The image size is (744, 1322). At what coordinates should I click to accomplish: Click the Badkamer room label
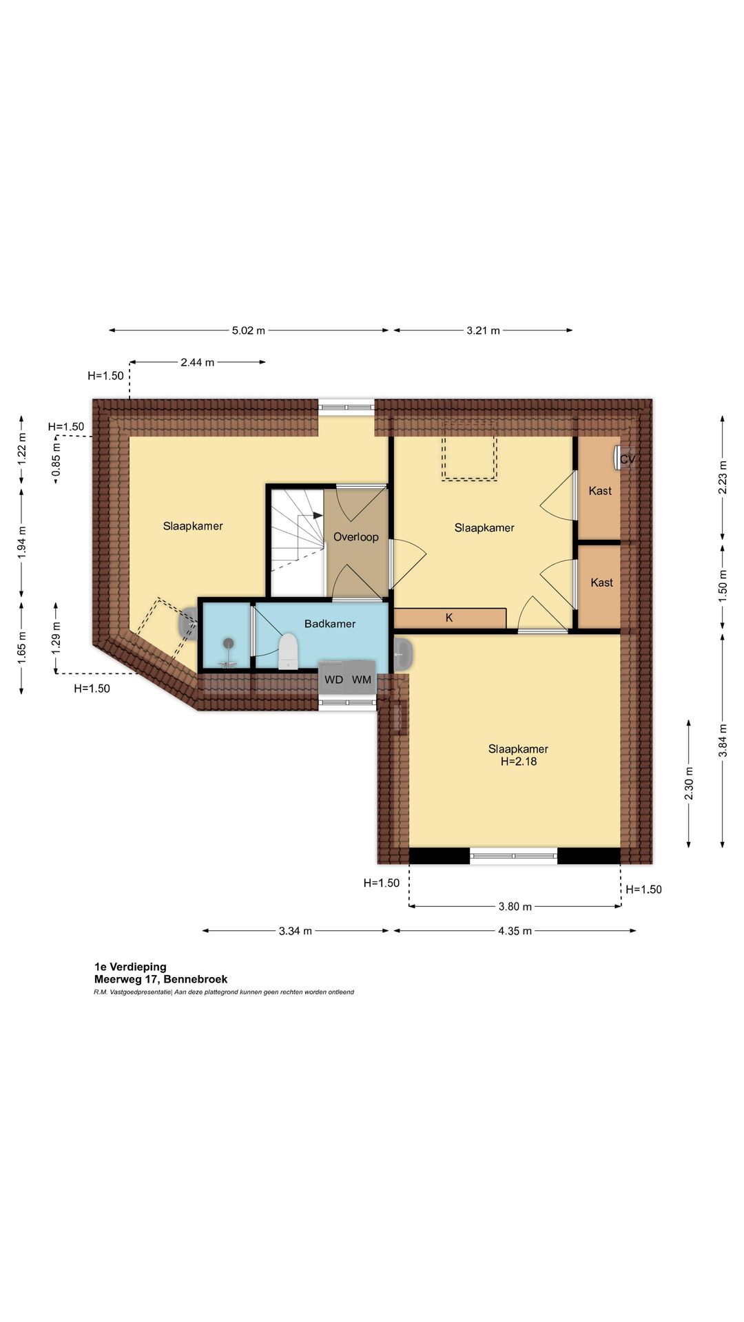point(330,624)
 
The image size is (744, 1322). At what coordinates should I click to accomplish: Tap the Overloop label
point(356,537)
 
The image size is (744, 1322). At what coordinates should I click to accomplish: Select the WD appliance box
point(333,680)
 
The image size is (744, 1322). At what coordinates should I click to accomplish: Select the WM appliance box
point(362,680)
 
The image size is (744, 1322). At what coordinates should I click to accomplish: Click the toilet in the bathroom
point(288,651)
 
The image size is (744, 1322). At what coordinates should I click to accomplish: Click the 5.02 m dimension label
point(249,330)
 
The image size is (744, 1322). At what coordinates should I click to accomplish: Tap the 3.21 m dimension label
point(483,330)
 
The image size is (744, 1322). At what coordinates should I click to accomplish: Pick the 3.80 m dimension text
point(515,906)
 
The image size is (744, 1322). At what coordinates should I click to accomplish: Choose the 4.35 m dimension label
point(515,931)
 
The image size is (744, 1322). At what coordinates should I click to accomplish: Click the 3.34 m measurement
point(296,931)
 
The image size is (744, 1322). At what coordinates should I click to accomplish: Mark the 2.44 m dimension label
point(198,362)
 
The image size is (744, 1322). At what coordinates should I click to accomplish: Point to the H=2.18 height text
point(519,762)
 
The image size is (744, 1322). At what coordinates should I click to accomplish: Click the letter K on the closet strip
point(449,618)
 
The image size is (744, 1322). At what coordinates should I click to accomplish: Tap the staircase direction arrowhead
point(318,514)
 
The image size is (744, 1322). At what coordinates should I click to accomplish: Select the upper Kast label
point(600,491)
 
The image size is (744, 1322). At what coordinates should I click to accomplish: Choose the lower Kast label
point(601,583)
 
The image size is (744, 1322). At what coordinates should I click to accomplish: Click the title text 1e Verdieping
point(130,967)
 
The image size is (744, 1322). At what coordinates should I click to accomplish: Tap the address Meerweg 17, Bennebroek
point(161,979)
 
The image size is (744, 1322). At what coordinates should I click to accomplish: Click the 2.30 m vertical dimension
point(689,784)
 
